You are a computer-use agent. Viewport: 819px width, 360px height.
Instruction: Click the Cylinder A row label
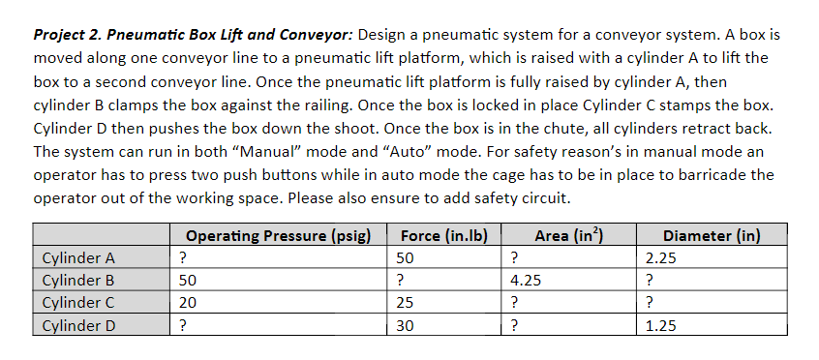79,258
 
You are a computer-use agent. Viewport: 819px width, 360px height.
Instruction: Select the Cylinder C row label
79,303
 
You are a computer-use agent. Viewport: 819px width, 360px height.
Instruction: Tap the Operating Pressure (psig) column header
279,235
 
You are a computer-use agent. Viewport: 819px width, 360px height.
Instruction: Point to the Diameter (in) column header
712,235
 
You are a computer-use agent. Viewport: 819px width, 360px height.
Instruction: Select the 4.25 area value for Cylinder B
526,281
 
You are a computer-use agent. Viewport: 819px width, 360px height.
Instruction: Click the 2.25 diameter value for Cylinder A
661,258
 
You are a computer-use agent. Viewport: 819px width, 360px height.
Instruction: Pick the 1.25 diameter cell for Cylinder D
661,325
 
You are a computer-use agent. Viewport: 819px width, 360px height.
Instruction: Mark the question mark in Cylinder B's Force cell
401,281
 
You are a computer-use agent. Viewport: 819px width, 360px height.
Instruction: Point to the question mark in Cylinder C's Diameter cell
650,303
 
